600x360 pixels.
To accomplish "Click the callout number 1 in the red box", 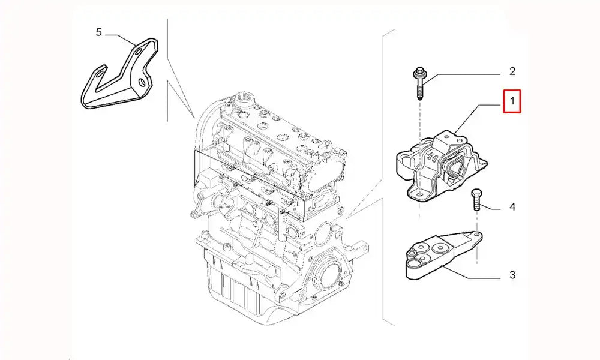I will [512, 101].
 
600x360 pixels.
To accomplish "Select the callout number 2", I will [512, 72].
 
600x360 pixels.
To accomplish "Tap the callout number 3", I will [512, 275].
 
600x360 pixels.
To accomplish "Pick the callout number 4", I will [512, 208].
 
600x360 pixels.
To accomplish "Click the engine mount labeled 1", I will [441, 165].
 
